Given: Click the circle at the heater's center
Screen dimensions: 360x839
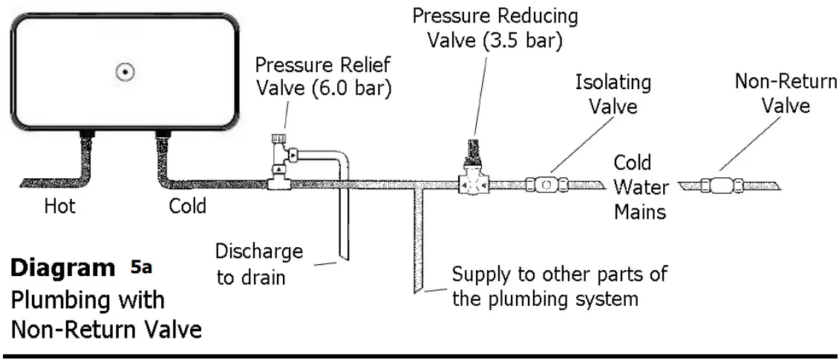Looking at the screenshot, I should (x=125, y=72).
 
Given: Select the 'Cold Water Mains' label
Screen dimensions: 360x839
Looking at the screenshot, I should (x=639, y=187).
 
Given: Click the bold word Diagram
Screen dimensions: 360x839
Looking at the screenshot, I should (x=63, y=269).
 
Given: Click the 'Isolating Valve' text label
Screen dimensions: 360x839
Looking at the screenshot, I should (x=613, y=94).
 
